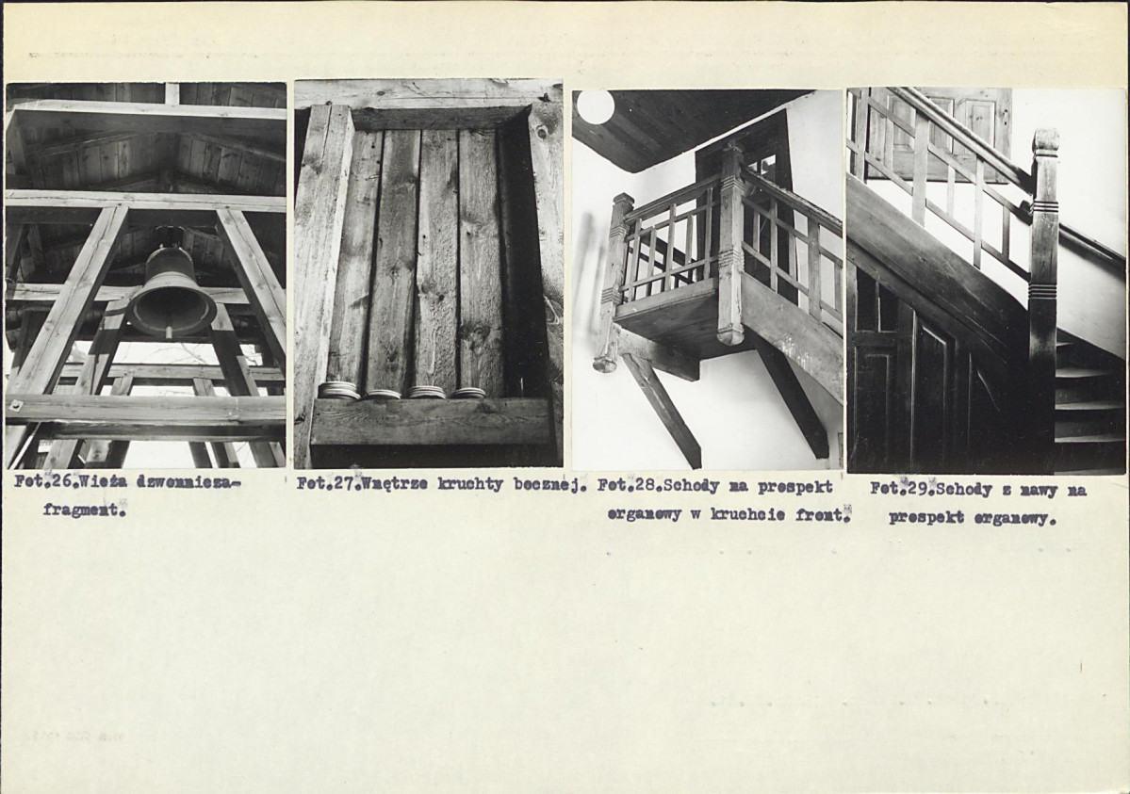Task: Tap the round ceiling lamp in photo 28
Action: (x=596, y=105)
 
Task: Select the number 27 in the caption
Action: (x=348, y=484)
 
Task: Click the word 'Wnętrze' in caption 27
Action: (x=397, y=484)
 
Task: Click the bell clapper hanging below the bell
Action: (x=168, y=332)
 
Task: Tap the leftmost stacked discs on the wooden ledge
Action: (x=338, y=390)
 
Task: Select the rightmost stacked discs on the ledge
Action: (x=467, y=394)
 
